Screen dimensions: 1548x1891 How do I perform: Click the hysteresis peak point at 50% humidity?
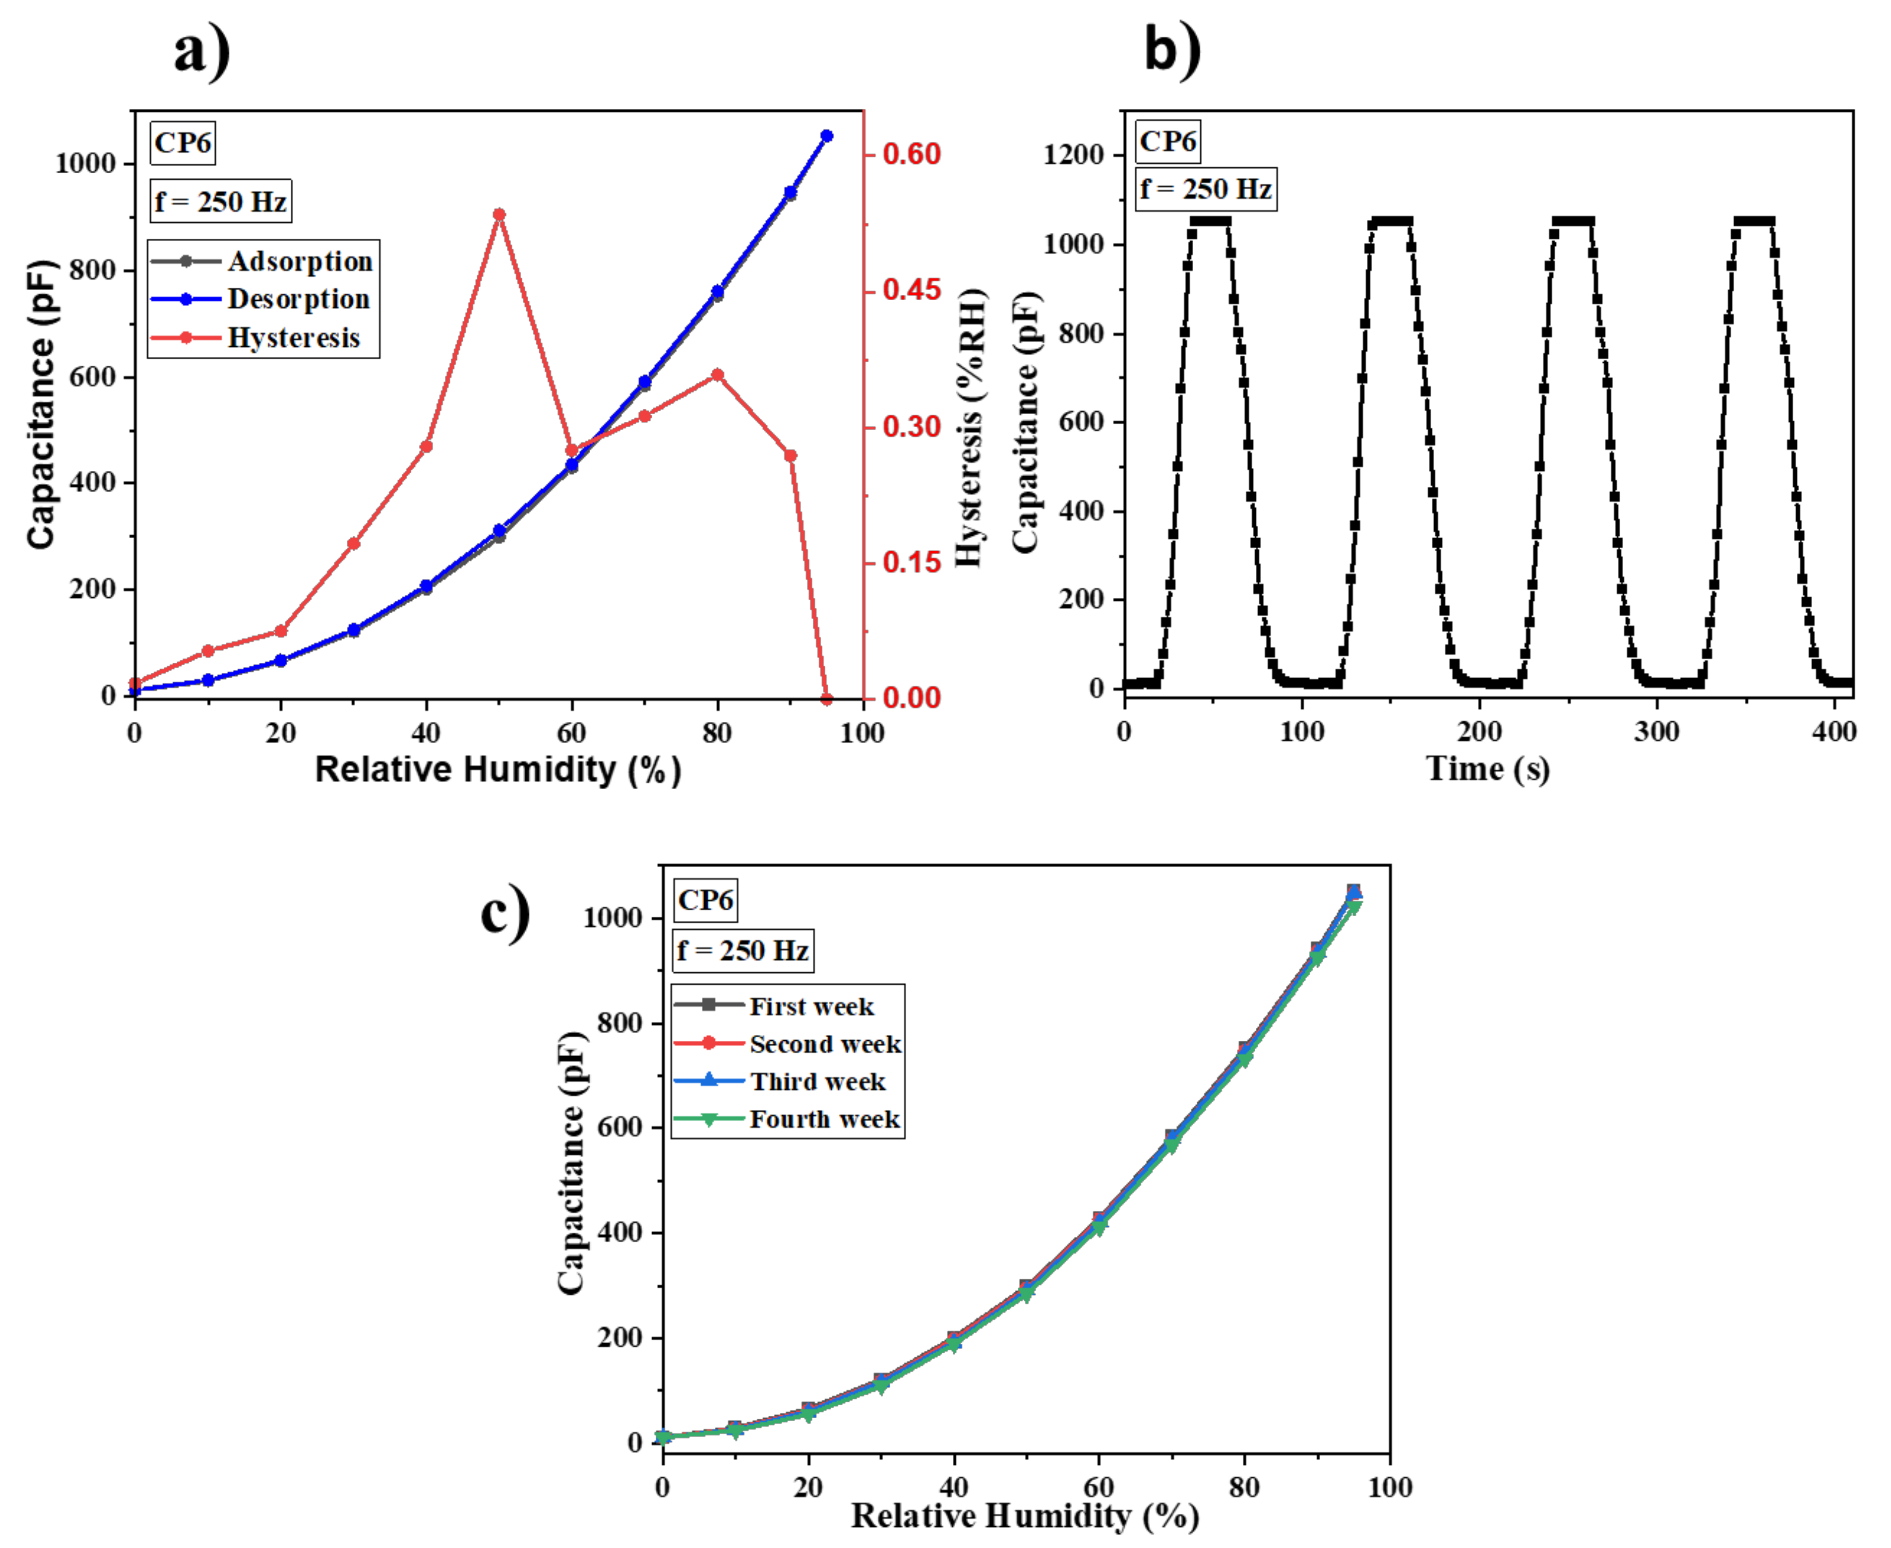click(x=500, y=215)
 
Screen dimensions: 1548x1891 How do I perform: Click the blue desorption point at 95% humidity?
click(x=826, y=136)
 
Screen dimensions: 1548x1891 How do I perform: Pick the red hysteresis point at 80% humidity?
click(x=718, y=376)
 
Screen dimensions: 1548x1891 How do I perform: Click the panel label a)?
click(x=202, y=51)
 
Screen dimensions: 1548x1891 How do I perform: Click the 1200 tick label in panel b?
click(x=1073, y=155)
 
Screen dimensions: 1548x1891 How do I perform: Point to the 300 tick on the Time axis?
click(x=1656, y=733)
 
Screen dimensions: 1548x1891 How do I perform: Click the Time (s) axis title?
click(x=1488, y=769)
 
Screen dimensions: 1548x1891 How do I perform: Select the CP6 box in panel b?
click(x=1168, y=142)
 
